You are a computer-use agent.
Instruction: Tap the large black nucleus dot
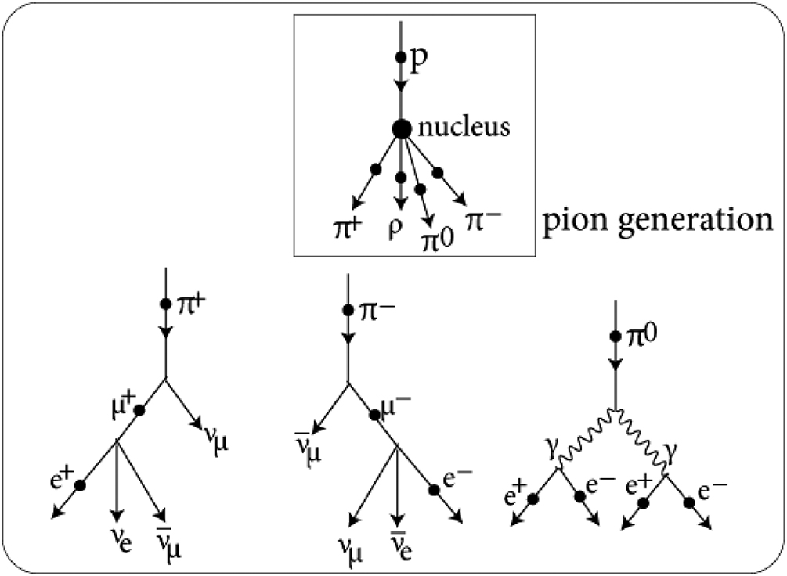[x=401, y=128]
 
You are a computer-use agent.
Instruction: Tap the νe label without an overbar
[x=117, y=542]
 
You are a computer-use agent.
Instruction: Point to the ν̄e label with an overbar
[x=399, y=549]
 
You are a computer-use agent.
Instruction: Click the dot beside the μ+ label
[x=139, y=411]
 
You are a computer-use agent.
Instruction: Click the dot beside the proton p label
[x=401, y=57]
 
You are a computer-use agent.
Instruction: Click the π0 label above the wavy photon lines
[x=640, y=337]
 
